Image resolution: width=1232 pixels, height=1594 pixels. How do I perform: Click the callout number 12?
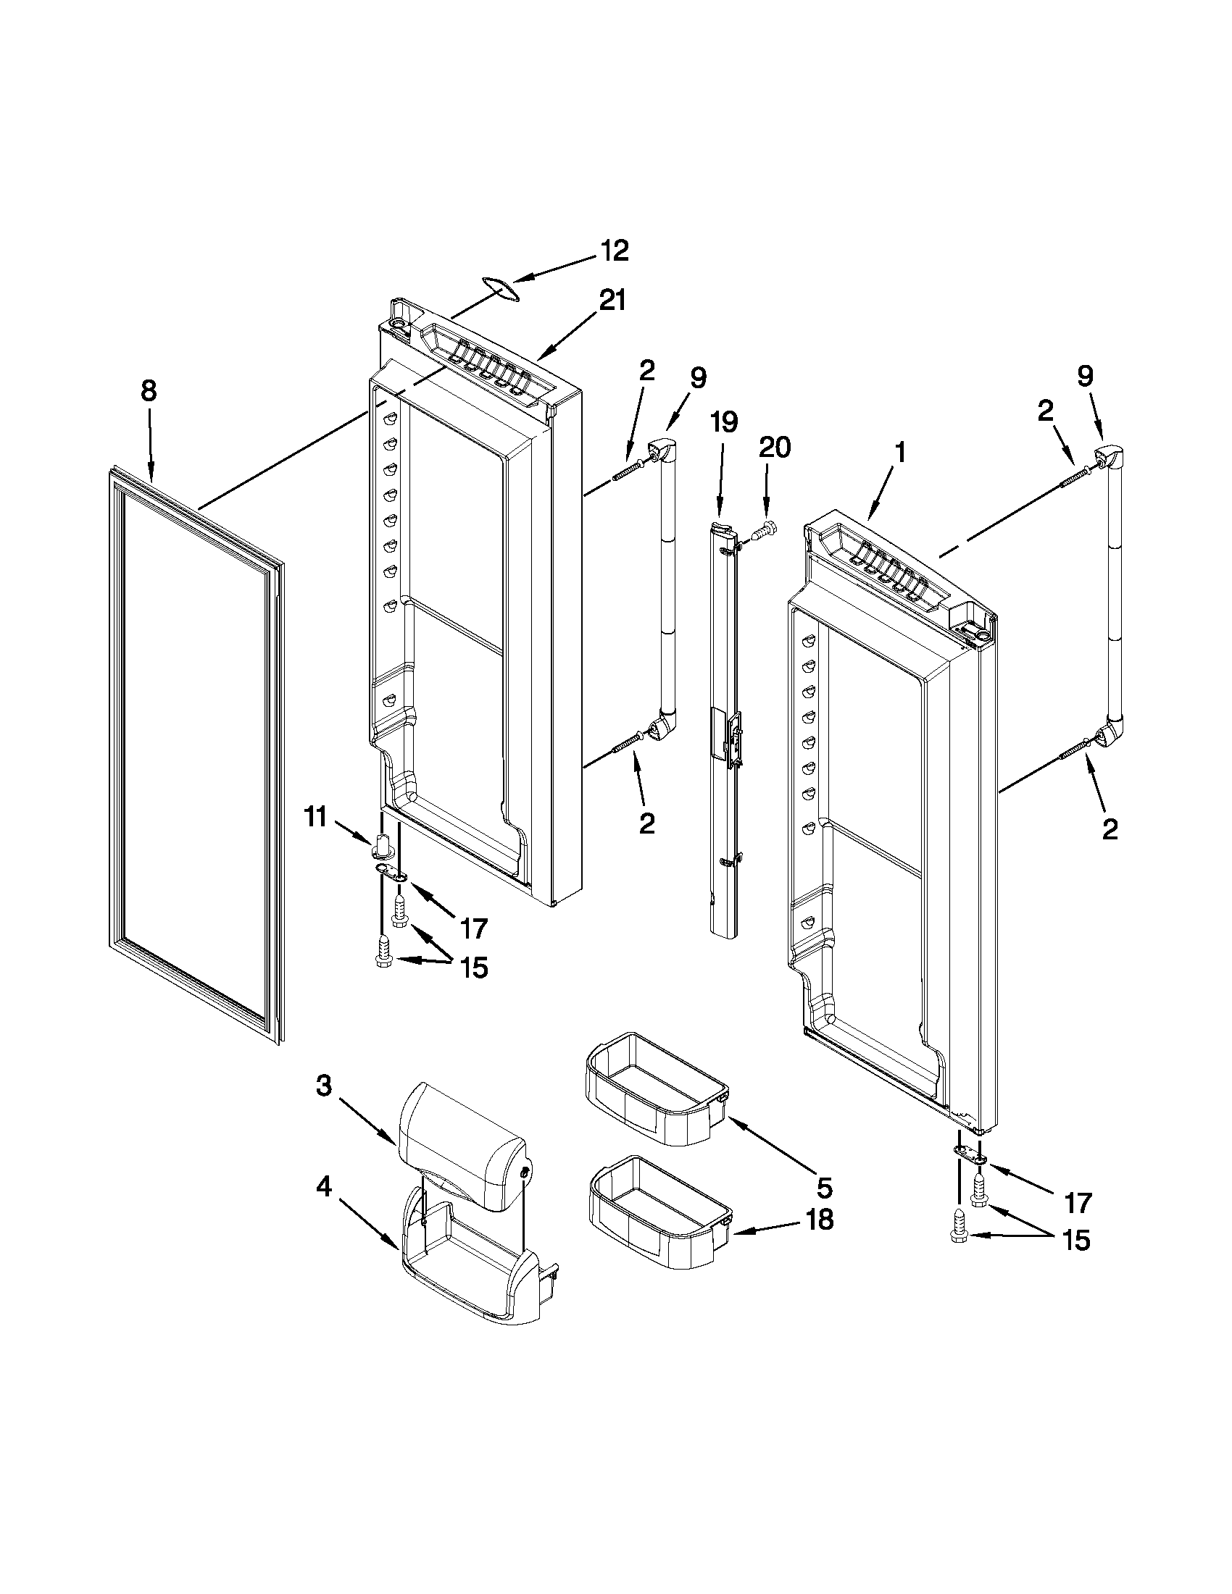tap(614, 251)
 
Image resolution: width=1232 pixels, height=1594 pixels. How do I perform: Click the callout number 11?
tap(315, 817)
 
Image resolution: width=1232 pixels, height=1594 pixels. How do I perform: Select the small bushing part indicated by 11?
tap(383, 845)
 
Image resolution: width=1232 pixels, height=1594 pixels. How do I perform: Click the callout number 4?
tap(323, 1188)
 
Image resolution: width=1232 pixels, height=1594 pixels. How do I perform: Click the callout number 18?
tap(819, 1220)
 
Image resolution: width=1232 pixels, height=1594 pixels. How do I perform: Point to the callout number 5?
tap(824, 1189)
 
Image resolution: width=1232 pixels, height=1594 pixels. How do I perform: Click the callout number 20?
tap(774, 447)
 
